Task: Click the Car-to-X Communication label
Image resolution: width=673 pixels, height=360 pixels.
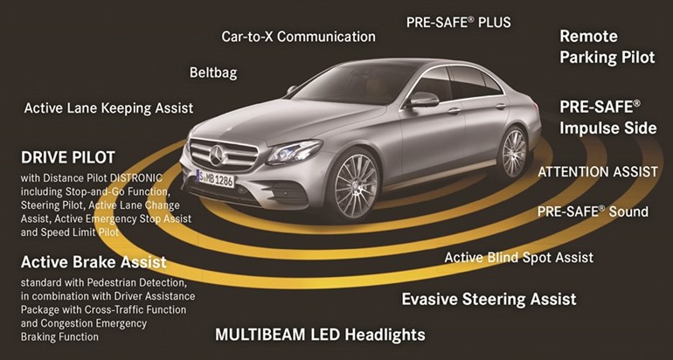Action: (298, 37)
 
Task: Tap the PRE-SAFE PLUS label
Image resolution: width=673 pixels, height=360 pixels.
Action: (459, 23)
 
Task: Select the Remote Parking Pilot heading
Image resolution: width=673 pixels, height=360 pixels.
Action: (607, 46)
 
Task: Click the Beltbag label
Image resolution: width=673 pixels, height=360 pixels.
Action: (213, 73)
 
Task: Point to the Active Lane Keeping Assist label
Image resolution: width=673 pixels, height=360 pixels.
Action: (108, 107)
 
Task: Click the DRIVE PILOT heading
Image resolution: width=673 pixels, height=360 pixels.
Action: (68, 157)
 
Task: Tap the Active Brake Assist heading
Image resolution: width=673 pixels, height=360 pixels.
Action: (94, 262)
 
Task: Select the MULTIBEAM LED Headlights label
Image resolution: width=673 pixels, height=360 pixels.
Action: (320, 335)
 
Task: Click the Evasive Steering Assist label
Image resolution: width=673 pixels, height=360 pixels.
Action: (489, 299)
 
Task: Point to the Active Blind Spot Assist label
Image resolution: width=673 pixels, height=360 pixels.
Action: (519, 258)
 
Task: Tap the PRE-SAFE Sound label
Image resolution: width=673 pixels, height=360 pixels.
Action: (593, 211)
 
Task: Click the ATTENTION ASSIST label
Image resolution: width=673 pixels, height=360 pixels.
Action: (598, 172)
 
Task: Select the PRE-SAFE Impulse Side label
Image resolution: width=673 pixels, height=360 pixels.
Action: (608, 118)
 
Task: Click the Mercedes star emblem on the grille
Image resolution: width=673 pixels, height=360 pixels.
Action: (216, 156)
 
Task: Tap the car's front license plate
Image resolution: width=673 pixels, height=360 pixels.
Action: (216, 177)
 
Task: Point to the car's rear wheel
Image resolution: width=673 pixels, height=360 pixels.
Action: (514, 152)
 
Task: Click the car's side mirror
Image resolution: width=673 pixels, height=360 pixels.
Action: (422, 100)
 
